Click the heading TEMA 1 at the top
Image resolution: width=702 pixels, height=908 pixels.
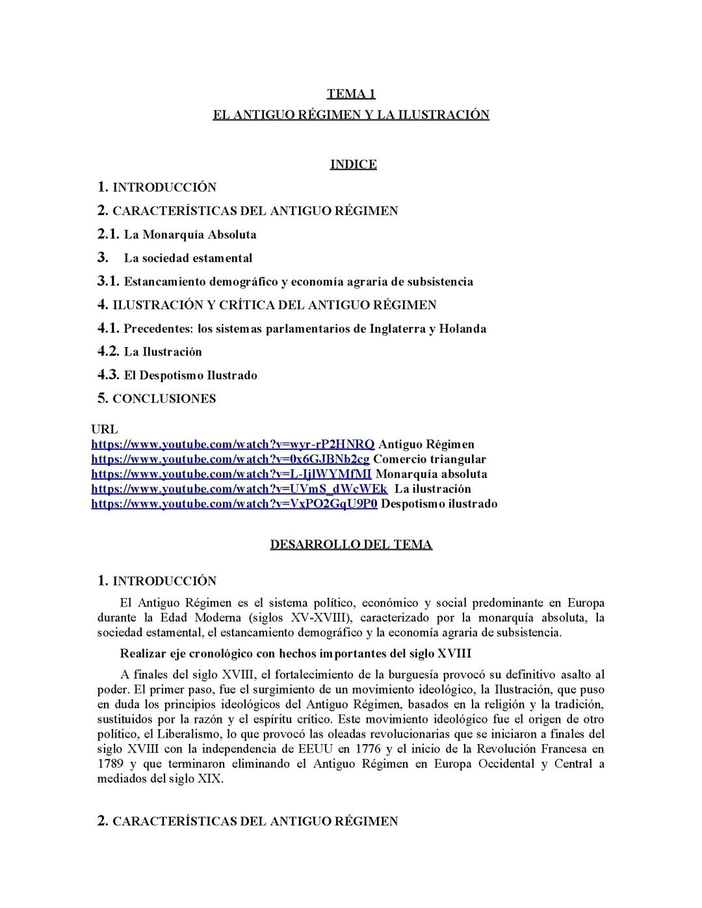[351, 94]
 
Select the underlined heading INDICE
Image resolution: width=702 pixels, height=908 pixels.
[353, 164]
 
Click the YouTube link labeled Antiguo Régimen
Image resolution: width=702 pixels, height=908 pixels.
[233, 445]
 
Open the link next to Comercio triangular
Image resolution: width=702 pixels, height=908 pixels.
[230, 460]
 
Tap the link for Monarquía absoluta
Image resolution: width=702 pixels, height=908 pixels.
[231, 474]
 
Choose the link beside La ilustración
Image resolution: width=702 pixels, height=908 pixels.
[239, 489]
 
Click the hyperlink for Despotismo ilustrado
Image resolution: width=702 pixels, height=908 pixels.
[234, 504]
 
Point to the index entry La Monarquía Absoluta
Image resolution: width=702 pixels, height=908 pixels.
[190, 235]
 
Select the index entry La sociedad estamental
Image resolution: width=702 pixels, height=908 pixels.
[188, 258]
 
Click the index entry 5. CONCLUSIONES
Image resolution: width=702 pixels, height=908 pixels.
[157, 398]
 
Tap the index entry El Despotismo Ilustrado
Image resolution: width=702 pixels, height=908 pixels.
[190, 376]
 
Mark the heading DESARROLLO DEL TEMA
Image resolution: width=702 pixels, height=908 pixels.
[351, 545]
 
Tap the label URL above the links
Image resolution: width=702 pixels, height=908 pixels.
[105, 430]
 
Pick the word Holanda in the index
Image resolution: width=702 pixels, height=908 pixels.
[463, 329]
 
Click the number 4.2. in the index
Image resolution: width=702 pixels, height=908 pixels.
[109, 352]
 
